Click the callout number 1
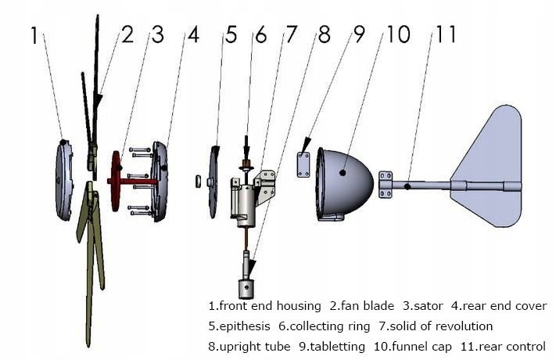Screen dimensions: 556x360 (x=35, y=35)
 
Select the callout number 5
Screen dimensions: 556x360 (x=231, y=35)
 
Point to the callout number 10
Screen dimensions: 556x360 (x=396, y=35)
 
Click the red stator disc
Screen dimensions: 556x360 (x=117, y=182)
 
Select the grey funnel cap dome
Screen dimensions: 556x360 (x=344, y=182)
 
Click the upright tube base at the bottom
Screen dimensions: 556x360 (x=247, y=287)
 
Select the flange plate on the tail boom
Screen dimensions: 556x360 (x=386, y=185)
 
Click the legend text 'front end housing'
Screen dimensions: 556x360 (x=271, y=306)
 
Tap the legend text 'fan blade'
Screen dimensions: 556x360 (x=371, y=306)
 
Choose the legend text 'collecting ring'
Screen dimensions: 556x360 (x=332, y=326)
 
